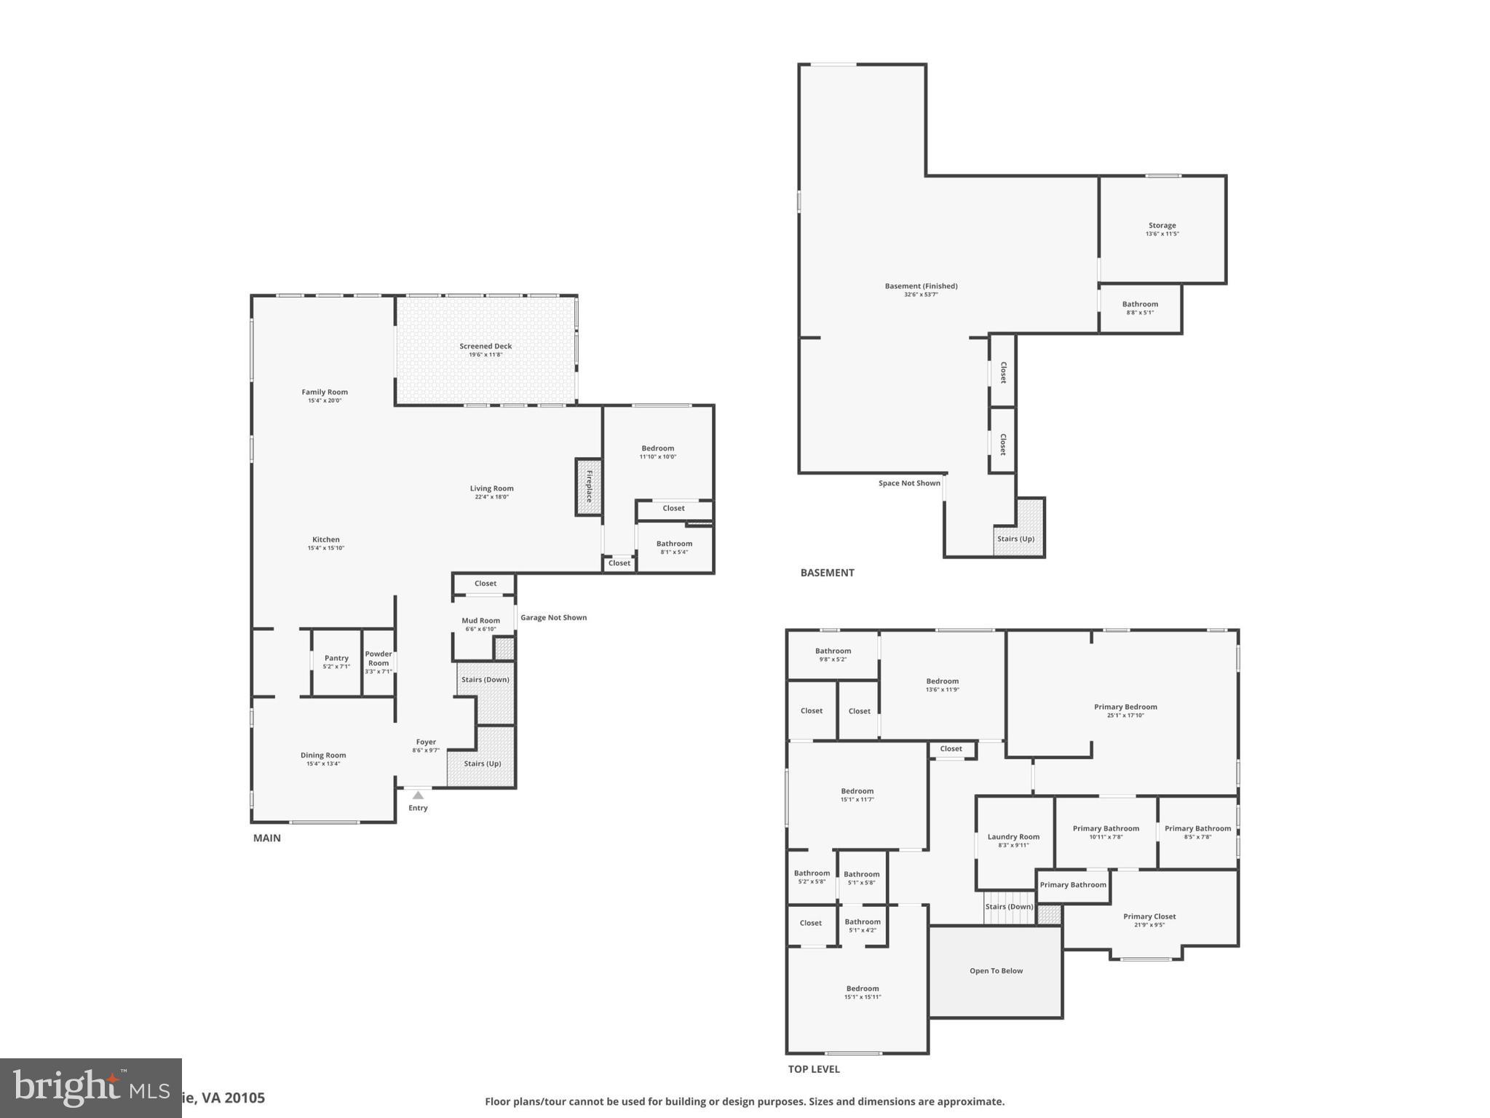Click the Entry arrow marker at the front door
418,795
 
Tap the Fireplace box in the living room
589,487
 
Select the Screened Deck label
486,346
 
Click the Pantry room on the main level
336,662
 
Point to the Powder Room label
379,658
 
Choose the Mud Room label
480,621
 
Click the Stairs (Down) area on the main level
486,680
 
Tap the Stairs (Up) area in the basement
1015,539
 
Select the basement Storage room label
1162,226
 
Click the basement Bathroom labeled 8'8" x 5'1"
1140,308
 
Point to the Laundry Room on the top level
1013,841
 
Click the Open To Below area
996,971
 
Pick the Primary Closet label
1149,917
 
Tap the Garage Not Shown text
553,618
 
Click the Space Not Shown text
909,483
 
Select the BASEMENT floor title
827,573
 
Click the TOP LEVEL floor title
814,1069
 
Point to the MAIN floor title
266,838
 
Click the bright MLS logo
90,1088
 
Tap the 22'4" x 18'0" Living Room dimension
491,497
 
